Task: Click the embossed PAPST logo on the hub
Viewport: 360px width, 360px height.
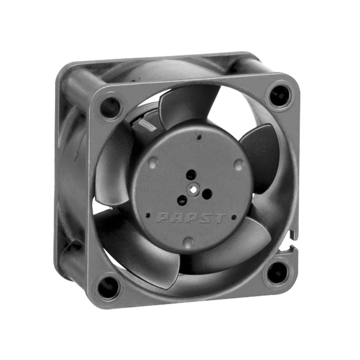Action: [191, 218]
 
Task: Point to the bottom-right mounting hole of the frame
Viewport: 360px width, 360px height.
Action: [278, 273]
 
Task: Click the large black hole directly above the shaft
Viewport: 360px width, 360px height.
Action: [191, 175]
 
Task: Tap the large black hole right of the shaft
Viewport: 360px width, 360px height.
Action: [207, 194]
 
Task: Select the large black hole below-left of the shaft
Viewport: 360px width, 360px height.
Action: [182, 200]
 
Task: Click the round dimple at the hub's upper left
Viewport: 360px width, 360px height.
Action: [153, 161]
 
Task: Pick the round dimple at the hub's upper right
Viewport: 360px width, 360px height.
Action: [238, 165]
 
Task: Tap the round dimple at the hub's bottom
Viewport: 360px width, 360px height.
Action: [188, 242]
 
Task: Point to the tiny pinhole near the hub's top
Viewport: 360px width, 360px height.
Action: [199, 137]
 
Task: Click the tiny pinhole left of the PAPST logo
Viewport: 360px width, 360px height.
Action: [148, 216]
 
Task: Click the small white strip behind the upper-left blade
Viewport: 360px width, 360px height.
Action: [149, 126]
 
